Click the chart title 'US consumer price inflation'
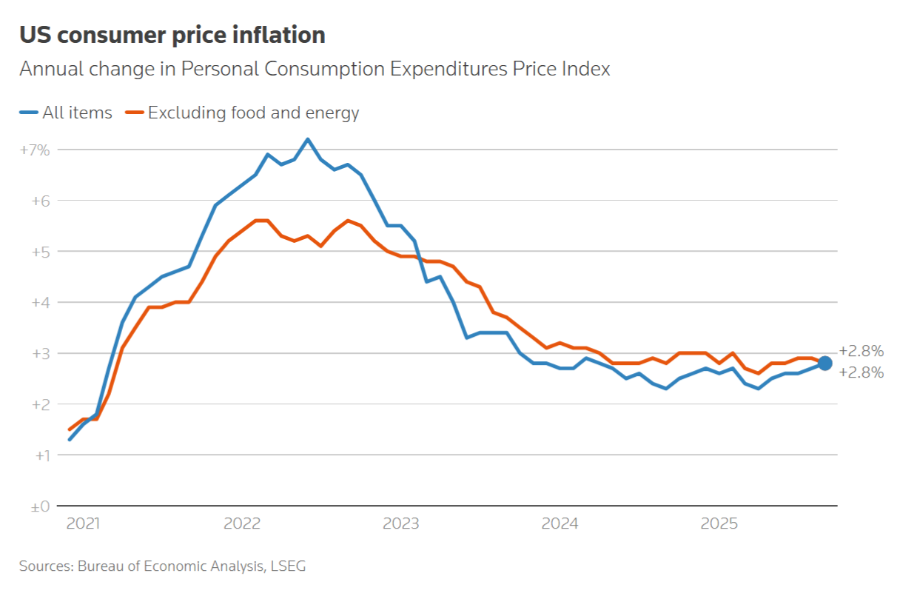click(x=172, y=35)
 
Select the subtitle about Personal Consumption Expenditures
click(x=315, y=69)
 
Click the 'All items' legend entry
click(x=67, y=113)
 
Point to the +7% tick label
click(x=35, y=150)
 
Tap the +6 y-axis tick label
click(x=40, y=201)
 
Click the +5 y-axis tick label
click(x=40, y=252)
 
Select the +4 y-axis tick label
click(x=40, y=302)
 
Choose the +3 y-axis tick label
click(x=40, y=353)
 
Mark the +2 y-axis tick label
click(x=40, y=404)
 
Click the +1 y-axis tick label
click(x=40, y=455)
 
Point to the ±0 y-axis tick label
click(x=38, y=506)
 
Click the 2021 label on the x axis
click(x=82, y=523)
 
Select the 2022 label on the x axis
click(x=242, y=523)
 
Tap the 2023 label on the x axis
click(x=401, y=523)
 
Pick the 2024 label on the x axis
click(x=560, y=523)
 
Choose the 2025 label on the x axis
click(x=719, y=523)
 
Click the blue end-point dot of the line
click(x=825, y=363)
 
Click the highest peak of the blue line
click(x=308, y=139)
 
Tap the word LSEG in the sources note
click(x=287, y=566)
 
